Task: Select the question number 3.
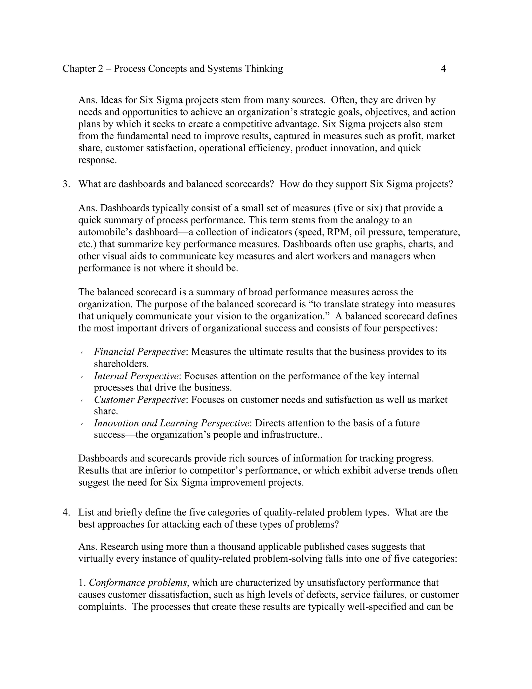[x=66, y=184]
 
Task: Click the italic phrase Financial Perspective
[x=139, y=352]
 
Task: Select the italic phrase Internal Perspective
[x=136, y=376]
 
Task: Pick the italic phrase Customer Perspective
[x=139, y=400]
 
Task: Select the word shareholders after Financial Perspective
[x=121, y=364]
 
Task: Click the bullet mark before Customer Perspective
[x=82, y=401]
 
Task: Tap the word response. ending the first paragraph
[x=97, y=160]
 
